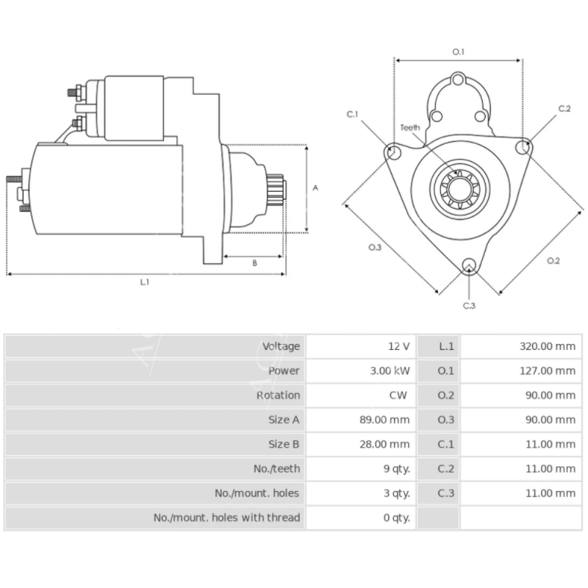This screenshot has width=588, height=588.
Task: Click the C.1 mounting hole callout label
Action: click(352, 114)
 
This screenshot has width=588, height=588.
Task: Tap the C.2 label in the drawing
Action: click(564, 108)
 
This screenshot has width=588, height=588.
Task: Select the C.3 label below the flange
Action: click(469, 305)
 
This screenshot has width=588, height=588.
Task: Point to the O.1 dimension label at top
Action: click(458, 51)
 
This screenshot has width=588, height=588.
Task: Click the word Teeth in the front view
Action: click(410, 127)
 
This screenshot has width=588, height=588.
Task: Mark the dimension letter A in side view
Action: click(315, 188)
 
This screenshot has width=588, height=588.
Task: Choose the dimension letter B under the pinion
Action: click(254, 262)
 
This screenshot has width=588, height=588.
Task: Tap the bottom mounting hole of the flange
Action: click(468, 267)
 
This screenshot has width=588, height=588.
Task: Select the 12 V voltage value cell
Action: click(399, 346)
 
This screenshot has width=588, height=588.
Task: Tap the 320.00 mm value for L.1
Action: click(544, 346)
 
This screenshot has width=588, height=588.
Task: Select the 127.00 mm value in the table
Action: click(544, 370)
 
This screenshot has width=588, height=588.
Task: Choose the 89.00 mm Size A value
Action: click(389, 420)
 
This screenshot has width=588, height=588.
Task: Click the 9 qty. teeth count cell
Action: click(396, 468)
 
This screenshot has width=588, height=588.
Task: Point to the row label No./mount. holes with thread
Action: click(226, 517)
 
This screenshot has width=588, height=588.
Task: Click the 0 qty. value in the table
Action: click(396, 517)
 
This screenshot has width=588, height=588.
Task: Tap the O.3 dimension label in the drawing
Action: click(375, 247)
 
